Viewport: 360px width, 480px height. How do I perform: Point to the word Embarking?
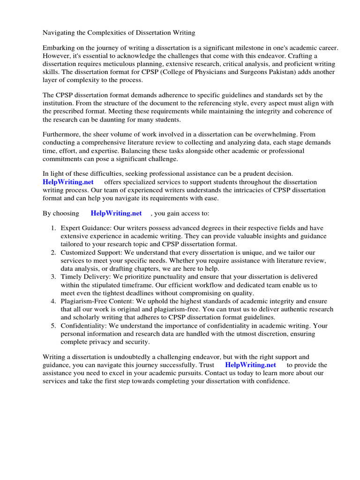pos(59,48)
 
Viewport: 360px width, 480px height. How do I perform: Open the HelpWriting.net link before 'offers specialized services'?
pos(68,182)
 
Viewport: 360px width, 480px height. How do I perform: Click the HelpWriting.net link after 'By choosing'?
pos(116,213)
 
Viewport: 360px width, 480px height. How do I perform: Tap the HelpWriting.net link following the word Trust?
pos(250,365)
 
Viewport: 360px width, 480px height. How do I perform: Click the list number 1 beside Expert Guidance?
pos(53,228)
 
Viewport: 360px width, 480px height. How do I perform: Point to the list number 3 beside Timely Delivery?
pos(53,277)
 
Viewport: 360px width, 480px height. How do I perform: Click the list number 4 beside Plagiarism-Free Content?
pos(53,301)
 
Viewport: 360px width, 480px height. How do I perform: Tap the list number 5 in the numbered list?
pos(53,325)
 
